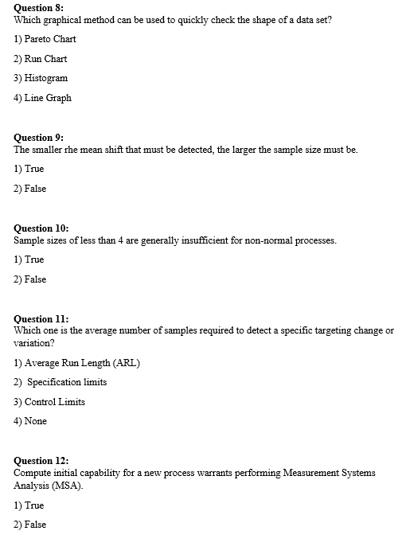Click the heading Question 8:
coord(40,7)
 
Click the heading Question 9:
coord(40,138)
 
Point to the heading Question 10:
coord(42,228)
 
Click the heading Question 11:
coord(41,319)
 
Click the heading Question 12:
coord(42,461)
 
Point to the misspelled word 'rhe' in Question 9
coord(68,150)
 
